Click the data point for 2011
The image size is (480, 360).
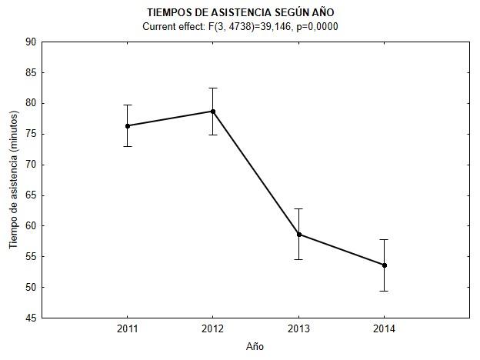point(128,125)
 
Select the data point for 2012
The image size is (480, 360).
point(213,112)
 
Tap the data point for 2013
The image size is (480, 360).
point(299,234)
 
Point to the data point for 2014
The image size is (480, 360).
point(385,265)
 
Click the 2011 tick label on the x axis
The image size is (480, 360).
point(128,329)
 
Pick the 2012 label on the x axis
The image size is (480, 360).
point(213,329)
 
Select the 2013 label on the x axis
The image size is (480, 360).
point(299,329)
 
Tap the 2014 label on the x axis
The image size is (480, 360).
point(385,329)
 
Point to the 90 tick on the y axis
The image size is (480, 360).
point(32,42)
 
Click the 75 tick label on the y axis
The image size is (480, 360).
point(32,134)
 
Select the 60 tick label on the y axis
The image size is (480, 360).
point(32,226)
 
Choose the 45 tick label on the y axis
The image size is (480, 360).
point(32,318)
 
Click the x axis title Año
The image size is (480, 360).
point(255,346)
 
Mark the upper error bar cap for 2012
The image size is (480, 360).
point(213,88)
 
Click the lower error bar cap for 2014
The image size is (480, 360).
point(385,291)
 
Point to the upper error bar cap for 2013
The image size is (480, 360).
point(299,208)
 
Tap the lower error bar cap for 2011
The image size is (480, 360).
point(128,146)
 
